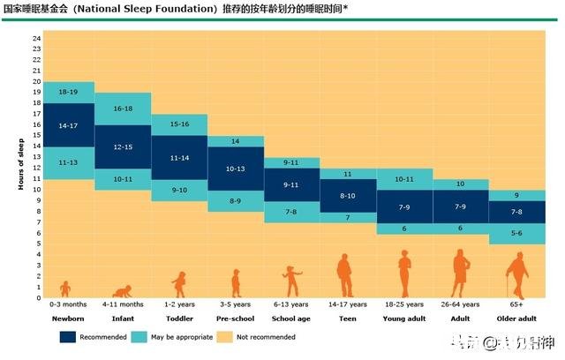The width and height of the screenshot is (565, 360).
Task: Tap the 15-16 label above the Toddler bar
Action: pos(180,124)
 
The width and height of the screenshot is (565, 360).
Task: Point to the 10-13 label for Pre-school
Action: pos(236,168)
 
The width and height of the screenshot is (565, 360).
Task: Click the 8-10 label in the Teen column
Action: pos(348,196)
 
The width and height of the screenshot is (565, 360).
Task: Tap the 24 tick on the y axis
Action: pos(37,39)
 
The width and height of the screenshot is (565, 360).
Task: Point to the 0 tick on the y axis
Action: pos(37,297)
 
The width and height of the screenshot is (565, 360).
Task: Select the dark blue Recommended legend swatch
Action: pos(68,336)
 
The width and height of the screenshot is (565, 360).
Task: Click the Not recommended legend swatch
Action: pos(226,336)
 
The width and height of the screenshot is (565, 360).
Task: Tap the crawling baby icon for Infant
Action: pos(122,291)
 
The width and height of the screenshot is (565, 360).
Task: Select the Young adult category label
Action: pos(404,318)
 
